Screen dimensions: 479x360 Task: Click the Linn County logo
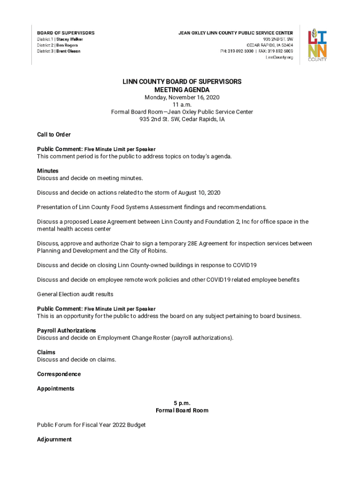coord(317,45)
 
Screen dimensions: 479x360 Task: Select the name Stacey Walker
coord(70,39)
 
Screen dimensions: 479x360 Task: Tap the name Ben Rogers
coord(67,45)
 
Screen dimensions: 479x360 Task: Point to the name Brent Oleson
coord(68,51)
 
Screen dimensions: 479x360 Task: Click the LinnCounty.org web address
coord(279,57)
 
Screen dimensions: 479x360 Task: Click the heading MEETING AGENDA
coord(182,90)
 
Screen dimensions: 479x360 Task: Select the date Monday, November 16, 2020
coord(182,97)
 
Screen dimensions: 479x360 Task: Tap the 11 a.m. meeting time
coord(182,105)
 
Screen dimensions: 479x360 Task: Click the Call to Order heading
coord(54,135)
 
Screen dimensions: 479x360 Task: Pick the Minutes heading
coord(48,171)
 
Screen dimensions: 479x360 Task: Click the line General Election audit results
coord(75,294)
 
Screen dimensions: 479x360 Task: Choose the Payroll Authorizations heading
coord(66,331)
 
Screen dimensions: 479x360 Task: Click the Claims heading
coord(46,352)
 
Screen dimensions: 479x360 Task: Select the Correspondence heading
coord(59,374)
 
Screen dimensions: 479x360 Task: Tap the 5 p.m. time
coord(182,403)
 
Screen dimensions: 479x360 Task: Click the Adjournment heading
coord(54,440)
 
